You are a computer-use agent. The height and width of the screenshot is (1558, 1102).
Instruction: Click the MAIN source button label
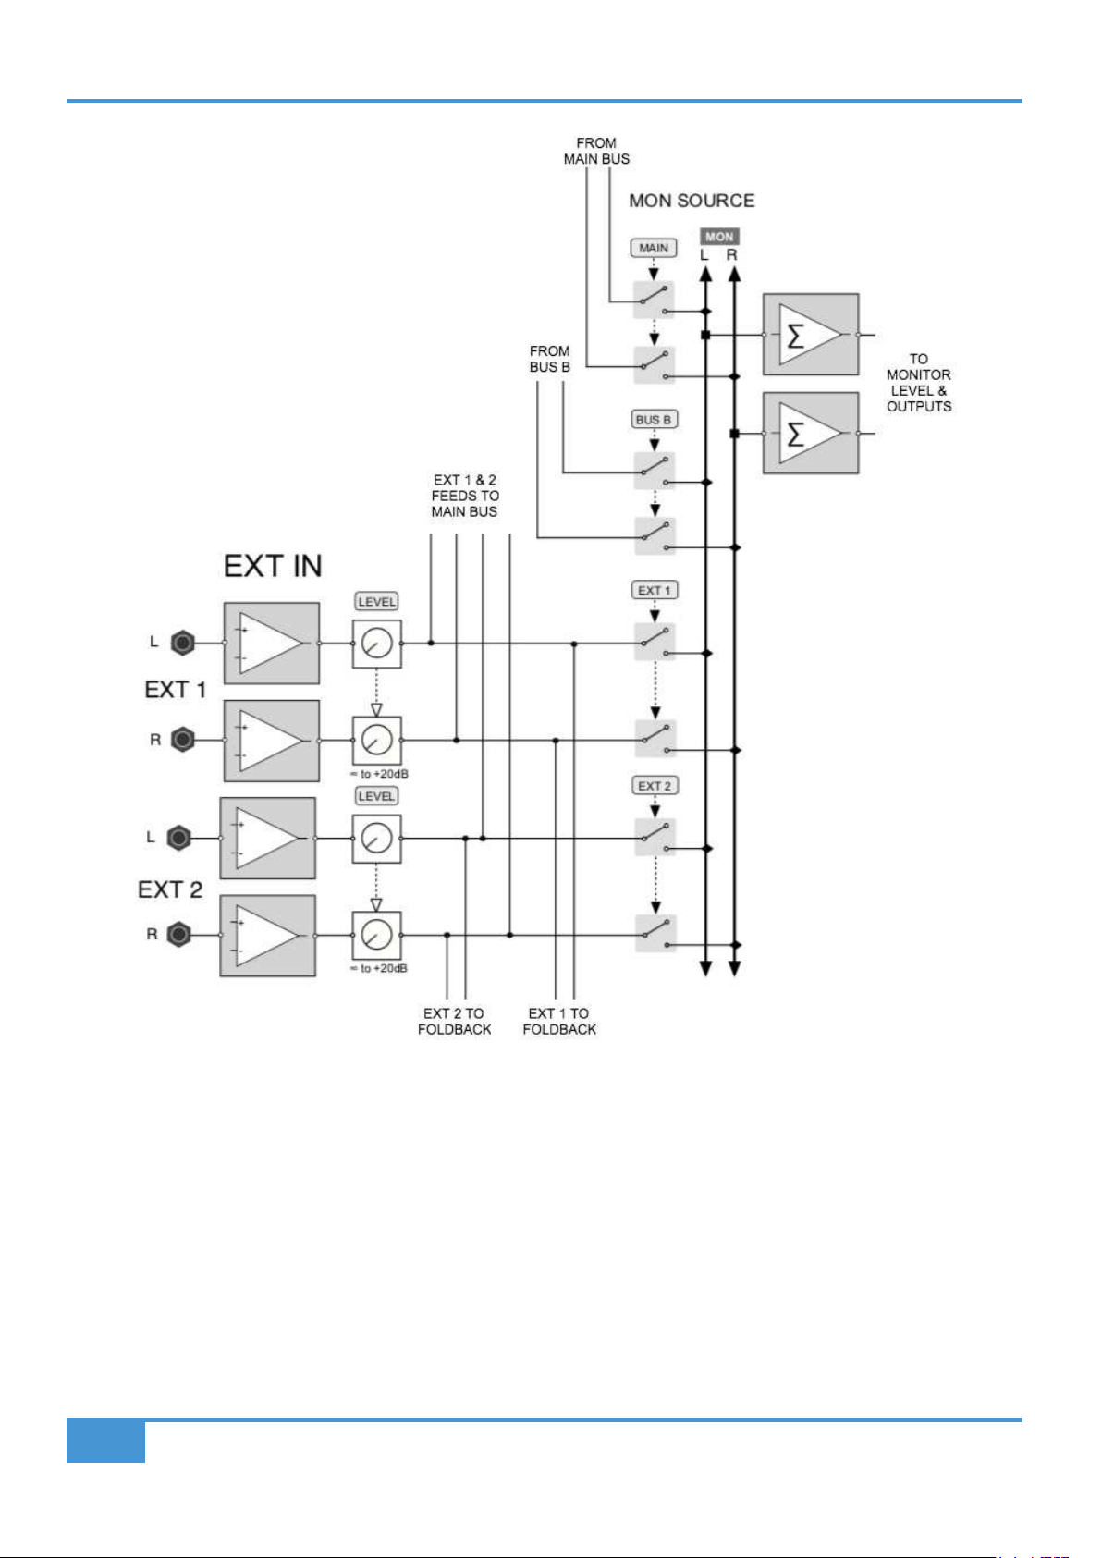point(653,248)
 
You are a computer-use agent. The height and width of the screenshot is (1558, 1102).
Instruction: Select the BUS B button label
point(654,420)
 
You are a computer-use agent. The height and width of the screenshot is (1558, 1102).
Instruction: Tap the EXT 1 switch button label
point(655,591)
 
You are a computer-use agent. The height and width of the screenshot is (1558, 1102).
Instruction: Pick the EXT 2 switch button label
point(655,786)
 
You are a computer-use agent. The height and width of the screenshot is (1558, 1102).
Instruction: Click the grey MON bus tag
point(719,237)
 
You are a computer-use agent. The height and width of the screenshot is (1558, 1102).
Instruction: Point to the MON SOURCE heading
point(692,201)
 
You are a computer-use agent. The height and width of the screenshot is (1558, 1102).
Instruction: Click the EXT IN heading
point(273,566)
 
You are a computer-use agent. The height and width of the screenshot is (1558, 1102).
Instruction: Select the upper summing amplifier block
point(811,335)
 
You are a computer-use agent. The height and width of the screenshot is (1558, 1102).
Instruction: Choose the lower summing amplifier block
point(811,434)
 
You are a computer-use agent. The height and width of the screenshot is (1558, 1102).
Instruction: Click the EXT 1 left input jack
point(183,643)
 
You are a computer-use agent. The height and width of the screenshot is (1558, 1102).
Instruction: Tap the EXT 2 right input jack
point(178,935)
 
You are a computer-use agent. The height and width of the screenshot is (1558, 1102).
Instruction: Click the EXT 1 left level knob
point(377,644)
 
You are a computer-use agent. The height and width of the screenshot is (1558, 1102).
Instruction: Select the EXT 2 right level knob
point(377,936)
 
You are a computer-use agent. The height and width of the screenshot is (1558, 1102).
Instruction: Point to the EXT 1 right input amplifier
point(272,741)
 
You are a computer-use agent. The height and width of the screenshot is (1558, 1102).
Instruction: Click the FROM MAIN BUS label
point(596,151)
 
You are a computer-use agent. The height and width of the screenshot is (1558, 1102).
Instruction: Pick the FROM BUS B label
point(550,359)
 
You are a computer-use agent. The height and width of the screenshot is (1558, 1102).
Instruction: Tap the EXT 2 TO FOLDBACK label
point(455,1021)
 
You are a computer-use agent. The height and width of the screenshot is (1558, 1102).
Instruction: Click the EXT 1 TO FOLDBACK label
point(559,1021)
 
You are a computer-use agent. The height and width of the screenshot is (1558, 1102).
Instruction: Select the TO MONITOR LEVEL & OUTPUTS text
point(918,383)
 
